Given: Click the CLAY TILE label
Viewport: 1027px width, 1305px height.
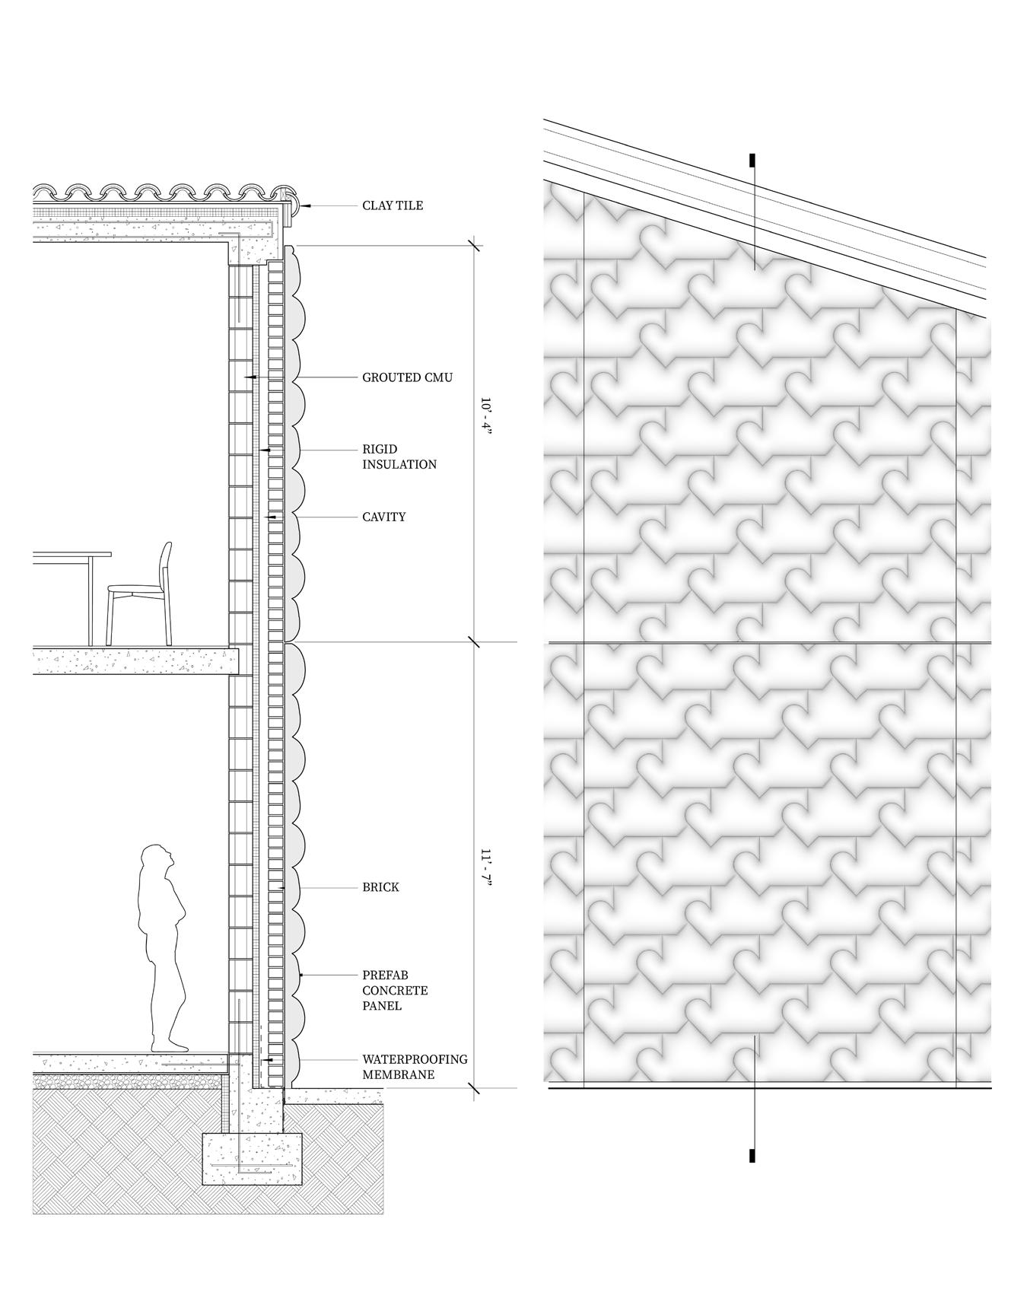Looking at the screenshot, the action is coord(392,205).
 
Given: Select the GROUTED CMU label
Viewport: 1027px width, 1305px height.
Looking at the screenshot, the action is coord(407,377).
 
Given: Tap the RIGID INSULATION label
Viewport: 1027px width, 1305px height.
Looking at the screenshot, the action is coord(399,457).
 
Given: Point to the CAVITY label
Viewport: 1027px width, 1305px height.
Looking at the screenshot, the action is coord(383,517).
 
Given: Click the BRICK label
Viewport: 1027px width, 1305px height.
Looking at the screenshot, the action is coord(380,887).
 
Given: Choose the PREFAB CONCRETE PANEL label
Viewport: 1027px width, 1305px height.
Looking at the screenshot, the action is coord(394,990).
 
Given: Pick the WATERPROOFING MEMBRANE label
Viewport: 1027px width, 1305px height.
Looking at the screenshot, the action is coord(414,1067).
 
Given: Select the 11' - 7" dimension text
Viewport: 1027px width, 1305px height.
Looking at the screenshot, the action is coord(486,867).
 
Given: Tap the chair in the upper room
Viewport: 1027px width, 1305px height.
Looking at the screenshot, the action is coord(141,594).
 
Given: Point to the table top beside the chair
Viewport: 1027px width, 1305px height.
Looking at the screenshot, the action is coord(72,555).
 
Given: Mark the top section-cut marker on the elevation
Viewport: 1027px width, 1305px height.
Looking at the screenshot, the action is coord(752,161).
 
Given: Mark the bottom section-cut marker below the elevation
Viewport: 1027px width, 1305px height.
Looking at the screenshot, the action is coord(752,1155).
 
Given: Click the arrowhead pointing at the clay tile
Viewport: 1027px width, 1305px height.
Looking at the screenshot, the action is coord(304,205).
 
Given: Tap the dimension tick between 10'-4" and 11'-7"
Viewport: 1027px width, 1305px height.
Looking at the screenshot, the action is coord(475,642).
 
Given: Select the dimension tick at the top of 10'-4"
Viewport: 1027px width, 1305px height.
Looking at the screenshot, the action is coord(475,246).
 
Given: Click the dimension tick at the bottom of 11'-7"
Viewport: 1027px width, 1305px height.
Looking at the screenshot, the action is coord(475,1089).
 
